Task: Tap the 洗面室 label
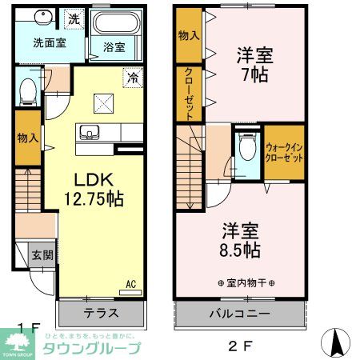pyautogui.click(x=49, y=44)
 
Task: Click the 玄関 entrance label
pyautogui.click(x=42, y=256)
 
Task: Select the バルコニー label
pyautogui.click(x=240, y=313)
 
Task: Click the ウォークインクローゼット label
pyautogui.click(x=284, y=152)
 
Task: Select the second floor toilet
pyautogui.click(x=246, y=148)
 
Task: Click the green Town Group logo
pyautogui.click(x=20, y=345)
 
